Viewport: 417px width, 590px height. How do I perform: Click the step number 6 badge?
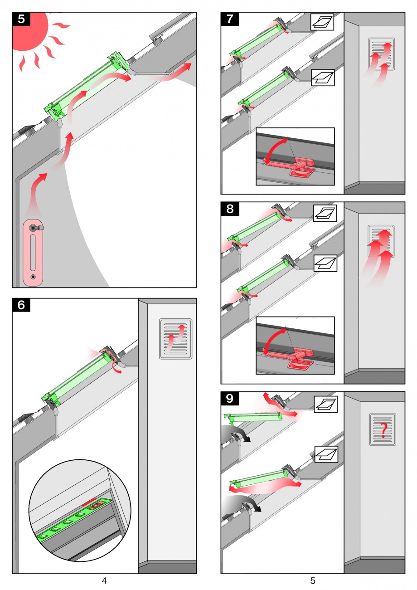(x=21, y=305)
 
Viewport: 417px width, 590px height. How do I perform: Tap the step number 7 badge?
(x=230, y=19)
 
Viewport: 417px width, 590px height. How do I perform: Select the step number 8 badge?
(x=230, y=209)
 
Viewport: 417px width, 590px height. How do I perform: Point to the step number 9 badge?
(x=230, y=399)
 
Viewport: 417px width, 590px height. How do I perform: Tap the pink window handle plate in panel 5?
(x=32, y=254)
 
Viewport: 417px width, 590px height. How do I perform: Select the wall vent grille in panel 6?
(x=175, y=339)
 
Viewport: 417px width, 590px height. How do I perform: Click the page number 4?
(x=104, y=580)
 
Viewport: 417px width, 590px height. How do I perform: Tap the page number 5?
(x=313, y=580)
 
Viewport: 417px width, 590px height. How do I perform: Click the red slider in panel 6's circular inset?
(x=89, y=501)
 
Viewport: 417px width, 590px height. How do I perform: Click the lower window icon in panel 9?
(x=326, y=454)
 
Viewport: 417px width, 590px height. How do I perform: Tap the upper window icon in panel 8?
(x=325, y=213)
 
